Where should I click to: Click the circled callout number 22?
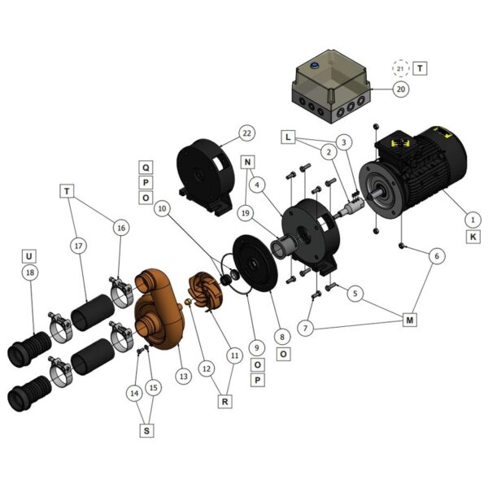pos(246,133)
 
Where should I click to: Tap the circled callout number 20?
pos(401,89)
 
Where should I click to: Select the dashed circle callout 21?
pos(400,68)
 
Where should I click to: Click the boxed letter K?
pos(473,237)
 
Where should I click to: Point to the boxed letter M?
pos(410,320)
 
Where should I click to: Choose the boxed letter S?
pos(146,430)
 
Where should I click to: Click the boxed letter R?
pos(224,402)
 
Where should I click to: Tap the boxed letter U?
pos(29,256)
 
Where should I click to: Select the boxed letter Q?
pos(146,168)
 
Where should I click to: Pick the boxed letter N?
pos(247,162)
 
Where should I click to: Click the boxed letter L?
pos(288,137)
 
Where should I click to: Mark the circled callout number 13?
pos(184,377)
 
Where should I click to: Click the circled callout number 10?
pos(163,208)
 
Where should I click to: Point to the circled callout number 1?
pos(473,220)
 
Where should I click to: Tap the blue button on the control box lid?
pos(314,66)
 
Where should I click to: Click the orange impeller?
pos(206,291)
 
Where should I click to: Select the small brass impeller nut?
pos(188,301)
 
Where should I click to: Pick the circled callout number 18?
pos(30,272)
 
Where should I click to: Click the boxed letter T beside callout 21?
pos(420,68)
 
